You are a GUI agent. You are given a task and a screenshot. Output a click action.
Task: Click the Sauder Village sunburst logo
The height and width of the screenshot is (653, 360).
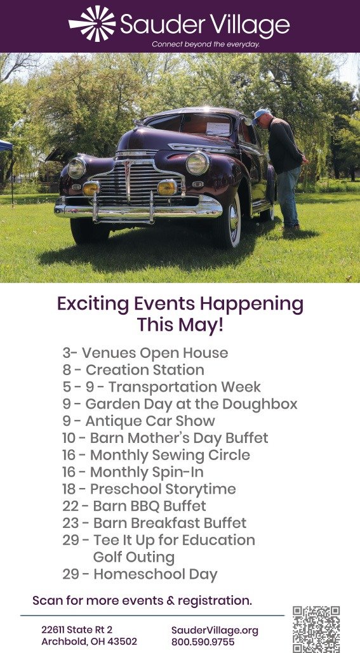(92, 23)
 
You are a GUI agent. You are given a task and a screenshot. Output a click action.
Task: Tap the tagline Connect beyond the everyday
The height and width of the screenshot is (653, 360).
(206, 44)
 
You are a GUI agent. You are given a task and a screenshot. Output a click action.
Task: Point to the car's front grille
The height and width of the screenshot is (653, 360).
(138, 181)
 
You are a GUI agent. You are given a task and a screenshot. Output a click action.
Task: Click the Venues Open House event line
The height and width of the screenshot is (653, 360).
(145, 353)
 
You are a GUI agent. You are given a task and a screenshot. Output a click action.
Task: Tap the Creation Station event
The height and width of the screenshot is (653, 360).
(133, 370)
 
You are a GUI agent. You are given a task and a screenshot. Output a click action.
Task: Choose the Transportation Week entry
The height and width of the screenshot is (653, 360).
(162, 387)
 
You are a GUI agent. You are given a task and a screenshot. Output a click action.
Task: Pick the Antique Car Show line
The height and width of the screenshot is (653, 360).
(139, 421)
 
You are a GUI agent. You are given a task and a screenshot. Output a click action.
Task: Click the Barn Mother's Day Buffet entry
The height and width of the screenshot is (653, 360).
(166, 438)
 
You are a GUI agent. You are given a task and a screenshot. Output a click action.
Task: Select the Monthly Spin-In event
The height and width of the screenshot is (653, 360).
(133, 472)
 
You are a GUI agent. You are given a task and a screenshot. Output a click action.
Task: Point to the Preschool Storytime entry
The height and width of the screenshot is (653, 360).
(149, 489)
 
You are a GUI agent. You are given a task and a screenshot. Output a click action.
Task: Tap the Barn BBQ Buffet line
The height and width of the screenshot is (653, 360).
(134, 506)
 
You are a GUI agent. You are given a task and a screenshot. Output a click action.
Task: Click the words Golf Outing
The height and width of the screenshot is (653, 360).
(134, 557)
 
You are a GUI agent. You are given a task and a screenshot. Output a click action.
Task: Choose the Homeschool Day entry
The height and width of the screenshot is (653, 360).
(140, 574)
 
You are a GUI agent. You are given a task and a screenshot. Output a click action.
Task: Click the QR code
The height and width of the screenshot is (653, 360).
(316, 630)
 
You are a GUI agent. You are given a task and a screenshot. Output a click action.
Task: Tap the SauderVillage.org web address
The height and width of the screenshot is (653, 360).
(215, 630)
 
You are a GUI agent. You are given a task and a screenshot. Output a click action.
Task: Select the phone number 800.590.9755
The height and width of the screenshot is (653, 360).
(203, 642)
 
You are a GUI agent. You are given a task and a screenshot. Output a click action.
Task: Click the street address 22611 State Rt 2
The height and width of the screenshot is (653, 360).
(77, 630)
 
